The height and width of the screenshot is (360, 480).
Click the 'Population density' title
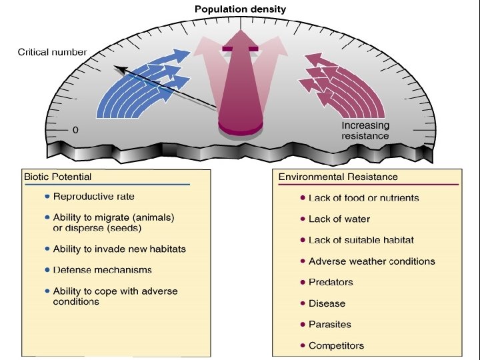(240, 9)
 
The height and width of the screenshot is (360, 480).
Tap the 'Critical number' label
(52, 52)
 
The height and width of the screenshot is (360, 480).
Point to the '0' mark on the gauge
(75, 129)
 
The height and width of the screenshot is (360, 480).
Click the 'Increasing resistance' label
(365, 131)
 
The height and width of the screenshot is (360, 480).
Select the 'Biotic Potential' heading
(58, 177)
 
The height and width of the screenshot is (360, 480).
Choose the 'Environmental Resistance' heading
(338, 177)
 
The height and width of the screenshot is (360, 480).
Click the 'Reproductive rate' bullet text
(93, 196)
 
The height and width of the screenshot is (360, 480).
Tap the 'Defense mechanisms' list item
(103, 270)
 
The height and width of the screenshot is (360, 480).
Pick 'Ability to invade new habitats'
(119, 249)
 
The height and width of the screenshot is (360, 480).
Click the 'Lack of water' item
(339, 219)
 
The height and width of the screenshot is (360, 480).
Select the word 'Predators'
(331, 282)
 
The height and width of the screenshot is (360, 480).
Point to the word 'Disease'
(327, 303)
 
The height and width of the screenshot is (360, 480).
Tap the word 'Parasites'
(329, 325)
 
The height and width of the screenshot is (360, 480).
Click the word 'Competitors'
(336, 345)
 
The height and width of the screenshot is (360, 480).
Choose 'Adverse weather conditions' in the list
(372, 261)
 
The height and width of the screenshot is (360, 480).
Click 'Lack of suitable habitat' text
(361, 240)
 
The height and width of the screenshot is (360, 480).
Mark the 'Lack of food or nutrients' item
(364, 198)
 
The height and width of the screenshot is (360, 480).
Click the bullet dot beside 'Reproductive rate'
(47, 197)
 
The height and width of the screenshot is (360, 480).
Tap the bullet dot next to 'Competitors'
(303, 345)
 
